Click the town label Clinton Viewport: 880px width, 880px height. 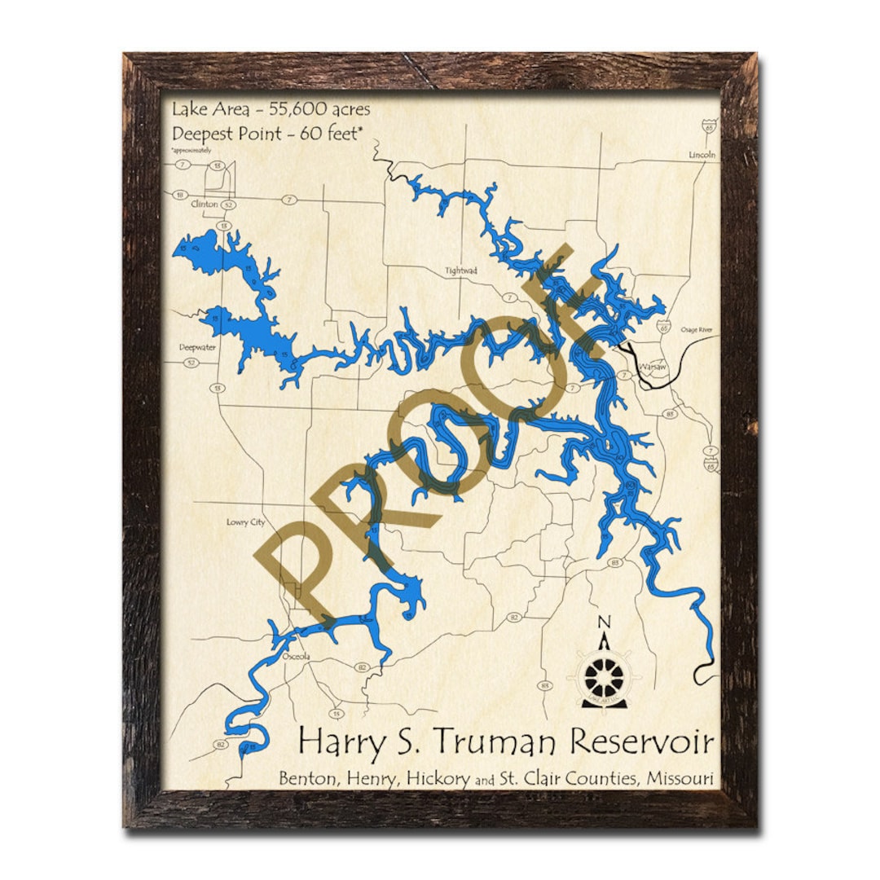click(x=204, y=205)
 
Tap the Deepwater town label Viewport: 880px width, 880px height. click(x=198, y=346)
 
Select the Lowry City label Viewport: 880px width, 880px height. click(x=245, y=522)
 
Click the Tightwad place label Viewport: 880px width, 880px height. click(x=460, y=271)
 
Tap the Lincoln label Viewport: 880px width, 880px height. click(x=702, y=155)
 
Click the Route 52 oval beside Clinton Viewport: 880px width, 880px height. click(x=229, y=205)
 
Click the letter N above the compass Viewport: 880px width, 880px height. click(x=604, y=623)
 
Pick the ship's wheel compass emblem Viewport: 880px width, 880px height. click(x=605, y=675)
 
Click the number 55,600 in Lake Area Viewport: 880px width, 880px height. click(x=293, y=109)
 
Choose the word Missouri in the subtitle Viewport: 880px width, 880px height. click(x=680, y=778)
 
